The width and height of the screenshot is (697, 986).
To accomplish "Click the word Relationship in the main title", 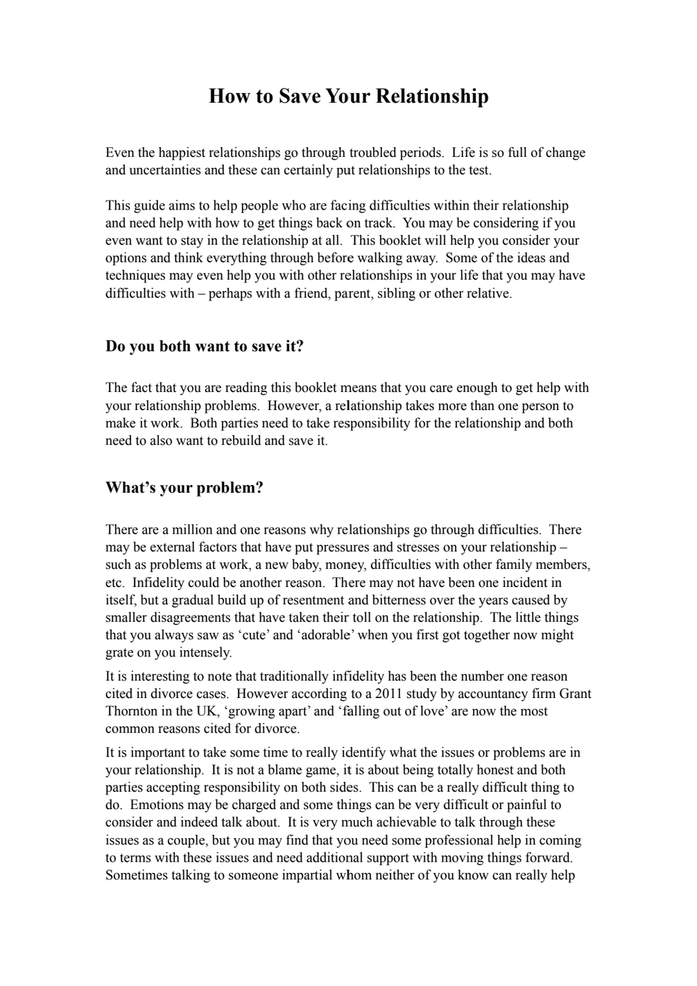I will [431, 96].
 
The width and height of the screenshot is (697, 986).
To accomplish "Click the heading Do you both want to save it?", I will [205, 346].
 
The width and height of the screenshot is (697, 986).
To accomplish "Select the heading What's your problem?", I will [184, 488].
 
